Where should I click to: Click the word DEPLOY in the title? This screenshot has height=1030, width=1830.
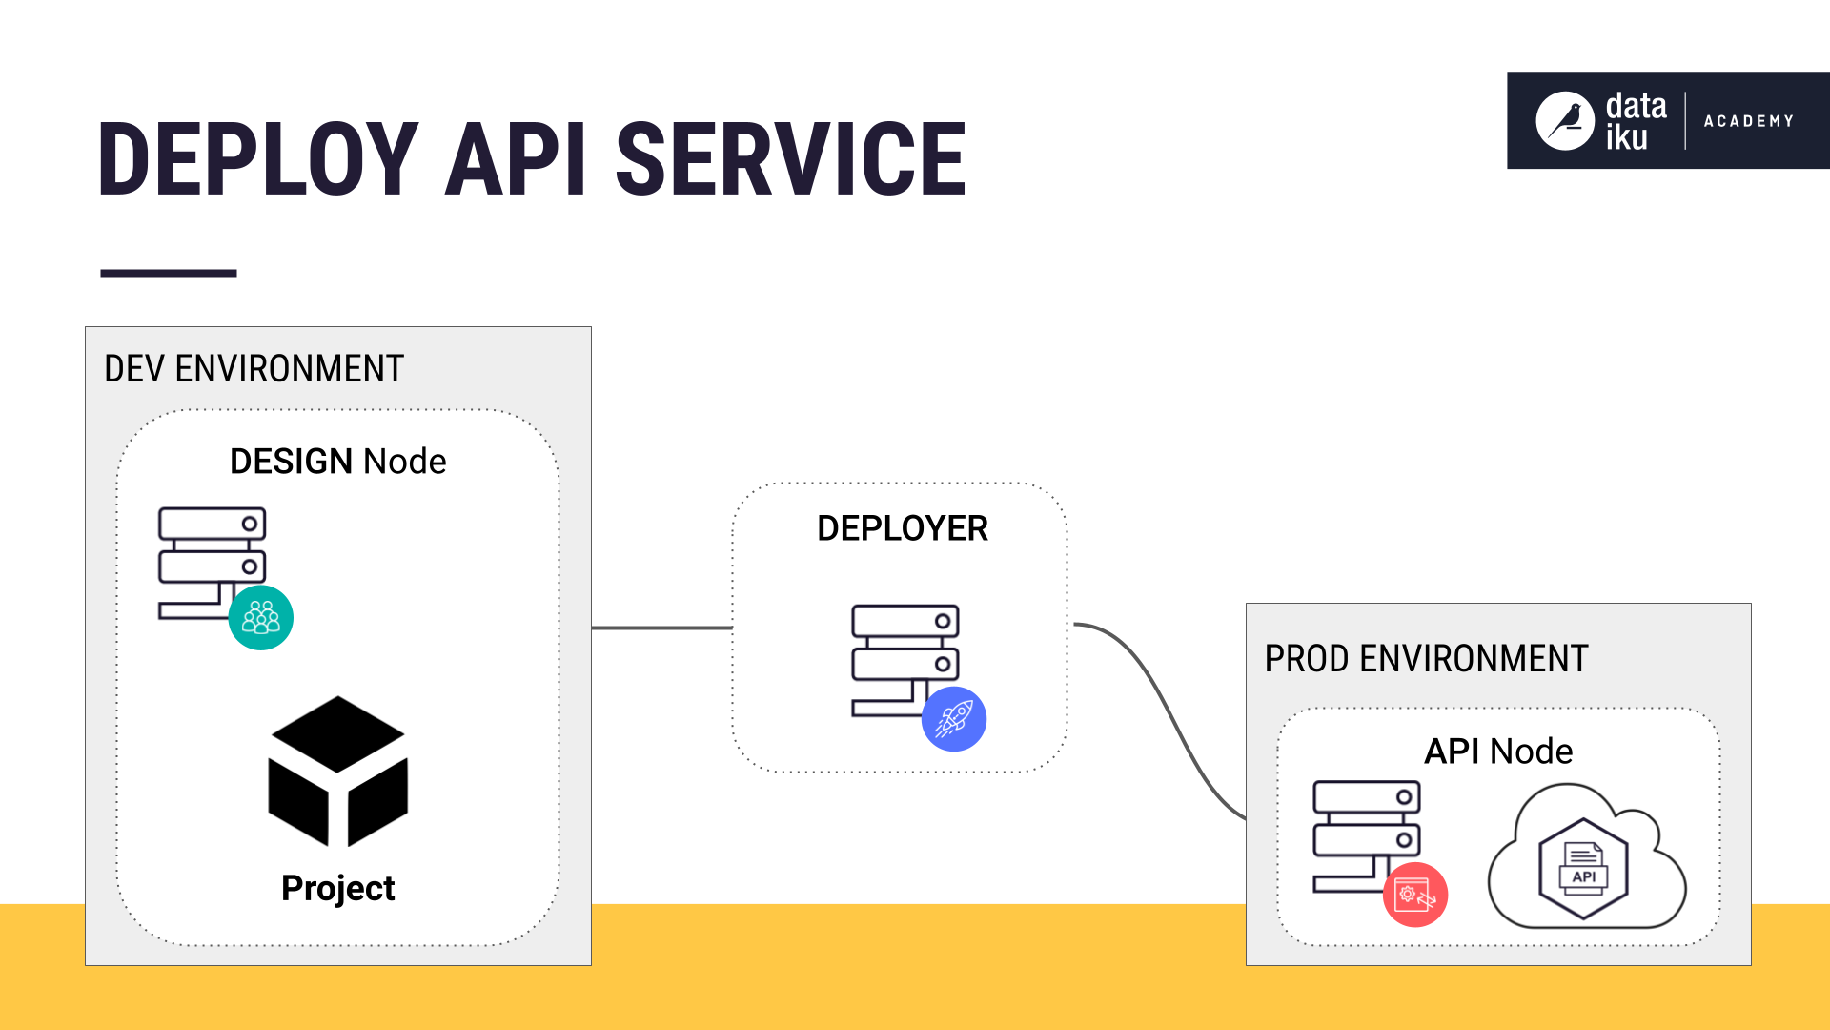[257, 159]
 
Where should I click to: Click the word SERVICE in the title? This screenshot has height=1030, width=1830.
[791, 159]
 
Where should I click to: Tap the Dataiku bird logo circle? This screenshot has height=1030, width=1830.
[1564, 121]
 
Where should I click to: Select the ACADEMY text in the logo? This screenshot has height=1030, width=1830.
[1748, 121]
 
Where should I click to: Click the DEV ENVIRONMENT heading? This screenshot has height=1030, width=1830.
[254, 369]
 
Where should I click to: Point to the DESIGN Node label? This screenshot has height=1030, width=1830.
[337, 462]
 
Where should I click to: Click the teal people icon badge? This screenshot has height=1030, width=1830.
[261, 618]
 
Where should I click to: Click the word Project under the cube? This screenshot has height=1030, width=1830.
[337, 888]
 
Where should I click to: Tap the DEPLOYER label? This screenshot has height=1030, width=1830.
[902, 528]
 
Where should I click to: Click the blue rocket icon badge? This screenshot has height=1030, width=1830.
[953, 719]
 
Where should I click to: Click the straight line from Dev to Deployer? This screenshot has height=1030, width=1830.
[661, 628]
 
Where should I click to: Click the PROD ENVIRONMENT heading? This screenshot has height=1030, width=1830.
[1426, 659]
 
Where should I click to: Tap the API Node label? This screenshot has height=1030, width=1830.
[1497, 752]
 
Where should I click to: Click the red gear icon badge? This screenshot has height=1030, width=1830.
[1415, 895]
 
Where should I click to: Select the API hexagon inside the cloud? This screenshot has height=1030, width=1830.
[1583, 868]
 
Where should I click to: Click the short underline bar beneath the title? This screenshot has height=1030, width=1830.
[168, 273]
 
